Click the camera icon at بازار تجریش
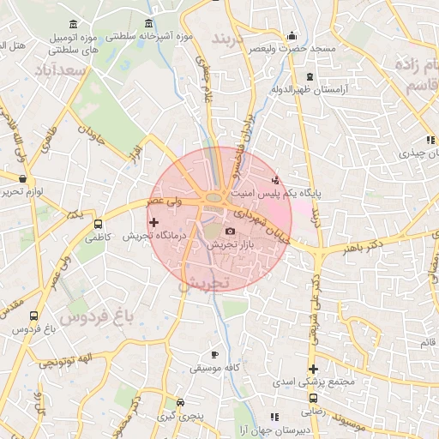click(230, 232)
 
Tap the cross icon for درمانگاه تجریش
click(153, 223)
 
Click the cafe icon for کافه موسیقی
click(214, 355)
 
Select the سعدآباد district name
click(59, 69)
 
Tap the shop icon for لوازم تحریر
click(21, 179)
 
